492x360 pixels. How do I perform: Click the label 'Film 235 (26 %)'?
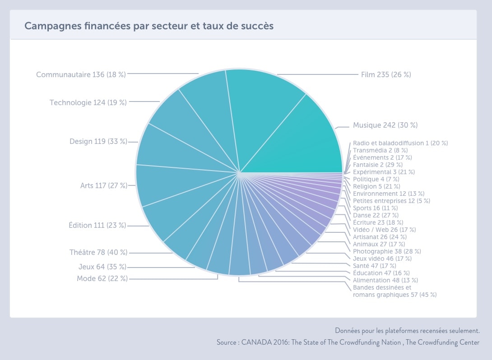pos(386,74)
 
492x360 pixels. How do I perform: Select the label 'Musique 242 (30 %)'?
pos(385,125)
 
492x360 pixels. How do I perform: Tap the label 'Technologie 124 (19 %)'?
pos(88,102)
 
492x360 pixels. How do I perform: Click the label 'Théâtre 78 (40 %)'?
pos(98,253)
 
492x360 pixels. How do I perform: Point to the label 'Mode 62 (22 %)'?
pos(102,278)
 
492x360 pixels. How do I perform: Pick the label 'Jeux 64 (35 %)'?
pos(102,267)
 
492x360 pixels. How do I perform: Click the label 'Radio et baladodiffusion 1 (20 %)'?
pos(400,143)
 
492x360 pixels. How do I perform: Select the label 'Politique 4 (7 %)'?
pos(376,179)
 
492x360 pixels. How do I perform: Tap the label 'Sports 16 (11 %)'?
pos(375,208)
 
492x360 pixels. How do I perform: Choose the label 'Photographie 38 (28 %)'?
pos(387,251)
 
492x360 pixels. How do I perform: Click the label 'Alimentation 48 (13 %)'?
pos(385,280)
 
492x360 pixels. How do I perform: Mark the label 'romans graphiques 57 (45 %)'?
pos(395,295)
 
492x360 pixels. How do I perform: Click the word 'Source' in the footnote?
pos(226,342)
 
